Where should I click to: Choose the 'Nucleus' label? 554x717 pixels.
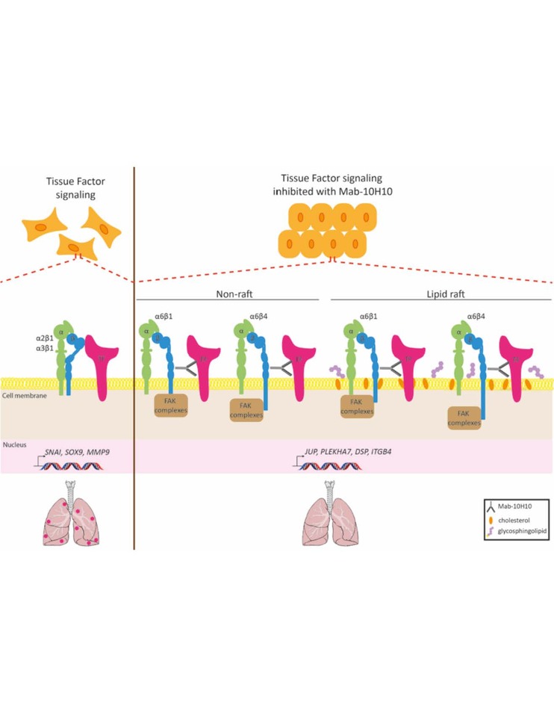click(14, 444)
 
